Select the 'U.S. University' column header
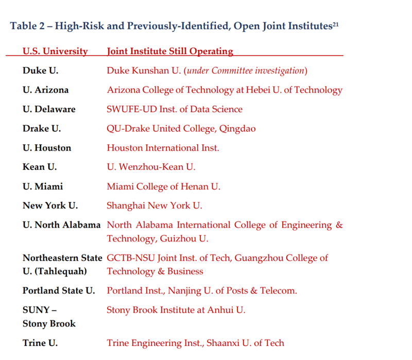(55, 51)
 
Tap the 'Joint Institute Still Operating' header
(170, 51)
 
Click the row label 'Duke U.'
(40, 71)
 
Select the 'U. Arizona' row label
(45, 90)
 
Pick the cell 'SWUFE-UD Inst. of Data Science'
(175, 109)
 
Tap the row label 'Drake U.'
(42, 128)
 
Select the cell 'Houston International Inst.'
(163, 148)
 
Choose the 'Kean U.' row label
(40, 167)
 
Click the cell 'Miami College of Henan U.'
(163, 186)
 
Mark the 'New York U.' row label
(50, 205)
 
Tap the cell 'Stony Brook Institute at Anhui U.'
(176, 310)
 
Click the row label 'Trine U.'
(40, 342)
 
